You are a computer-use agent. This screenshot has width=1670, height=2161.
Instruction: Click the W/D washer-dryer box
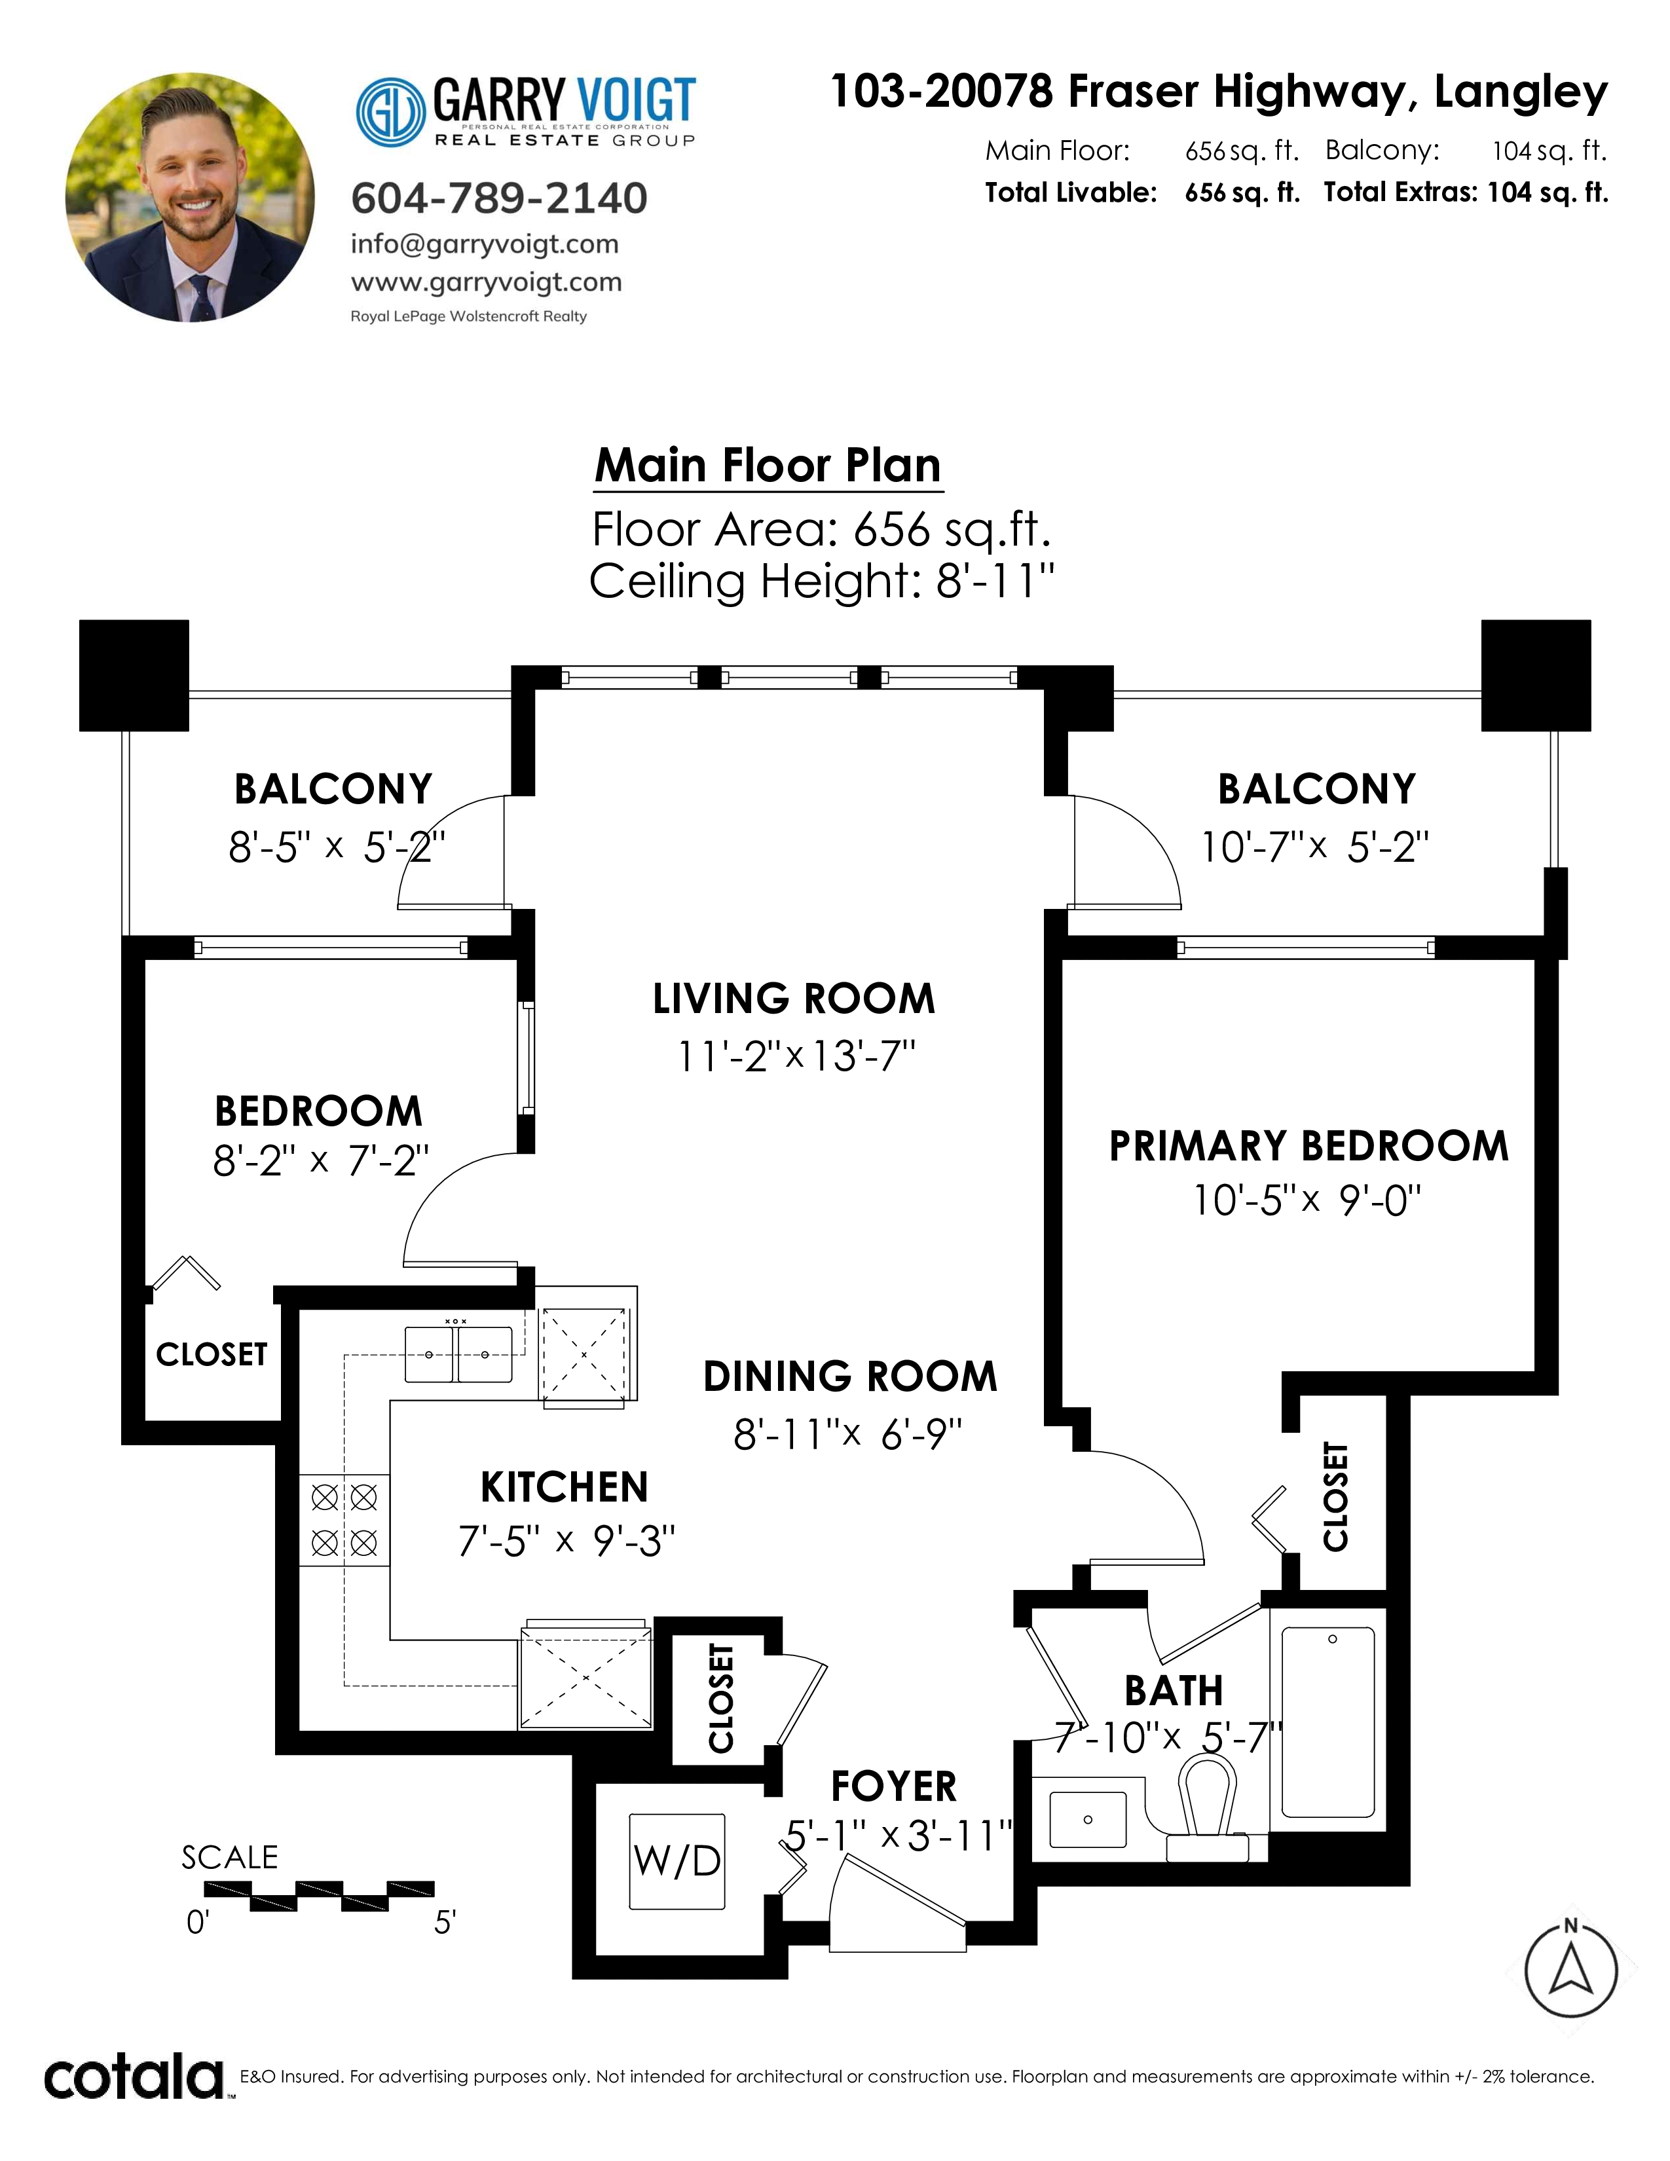click(x=678, y=1861)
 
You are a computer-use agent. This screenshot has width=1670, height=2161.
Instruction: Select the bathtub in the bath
click(x=1327, y=1723)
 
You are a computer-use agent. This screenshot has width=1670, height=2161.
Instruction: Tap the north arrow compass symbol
click(x=1571, y=1969)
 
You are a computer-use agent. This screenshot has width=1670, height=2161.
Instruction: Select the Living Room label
click(x=794, y=999)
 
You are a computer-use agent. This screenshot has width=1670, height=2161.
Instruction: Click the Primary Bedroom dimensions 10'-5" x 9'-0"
click(x=1307, y=1200)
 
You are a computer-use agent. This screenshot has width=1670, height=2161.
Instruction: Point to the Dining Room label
click(x=850, y=1376)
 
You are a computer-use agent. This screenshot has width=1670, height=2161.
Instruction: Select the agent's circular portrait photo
click(x=190, y=197)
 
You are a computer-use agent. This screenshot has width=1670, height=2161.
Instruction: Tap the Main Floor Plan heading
click(x=768, y=465)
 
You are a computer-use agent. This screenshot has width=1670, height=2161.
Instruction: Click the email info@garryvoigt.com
click(x=485, y=244)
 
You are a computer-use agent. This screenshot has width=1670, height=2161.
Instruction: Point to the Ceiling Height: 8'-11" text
click(x=822, y=581)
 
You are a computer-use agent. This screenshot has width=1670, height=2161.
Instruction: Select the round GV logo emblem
click(x=391, y=112)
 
